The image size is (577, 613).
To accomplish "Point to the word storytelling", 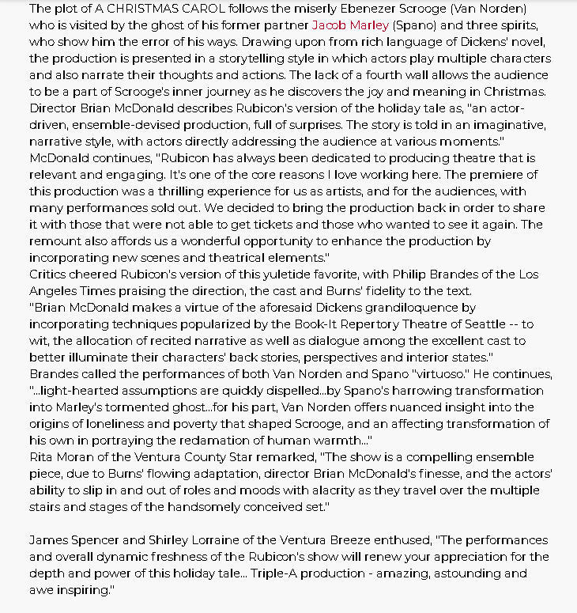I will [236, 59].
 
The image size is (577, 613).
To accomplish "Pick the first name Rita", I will [42, 456].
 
